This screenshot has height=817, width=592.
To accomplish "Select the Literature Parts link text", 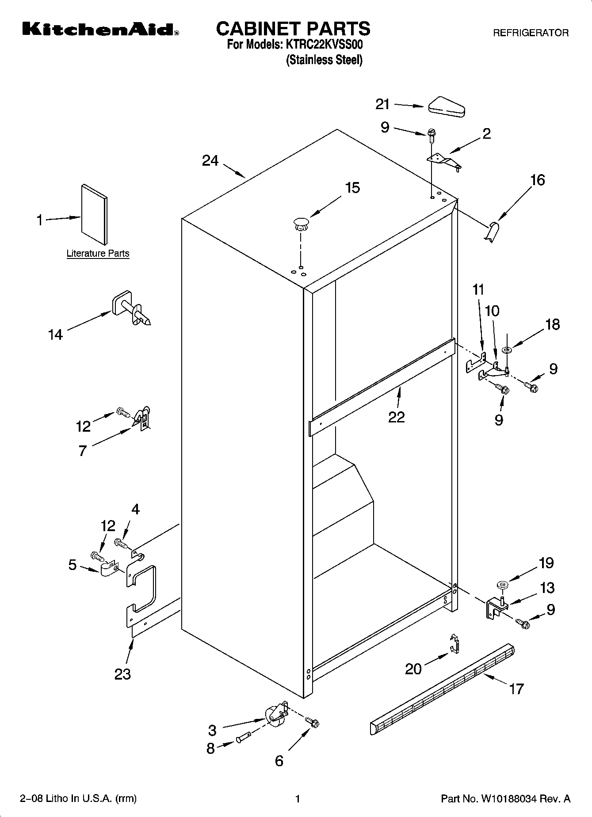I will point(98,254).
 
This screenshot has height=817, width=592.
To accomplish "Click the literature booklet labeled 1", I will point(94,215).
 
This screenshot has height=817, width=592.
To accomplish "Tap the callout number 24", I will point(210,161).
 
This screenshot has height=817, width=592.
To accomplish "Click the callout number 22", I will point(397,417).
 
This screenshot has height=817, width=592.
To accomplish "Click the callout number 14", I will point(55,335).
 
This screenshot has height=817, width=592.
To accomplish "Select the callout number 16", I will point(538,180).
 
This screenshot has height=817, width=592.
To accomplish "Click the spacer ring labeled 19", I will point(502,585).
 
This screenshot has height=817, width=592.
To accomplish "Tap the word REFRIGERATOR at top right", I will point(531,33).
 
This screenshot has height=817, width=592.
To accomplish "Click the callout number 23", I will point(122,674).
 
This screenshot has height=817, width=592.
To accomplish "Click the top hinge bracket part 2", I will point(444,161).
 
